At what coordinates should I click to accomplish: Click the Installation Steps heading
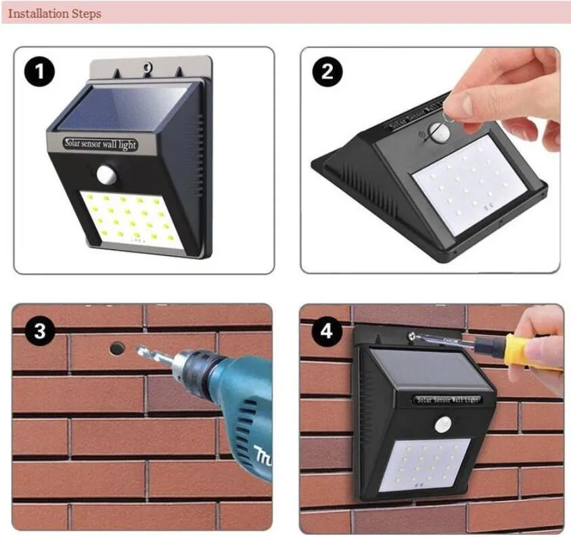55,14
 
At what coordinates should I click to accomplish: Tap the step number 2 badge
327,72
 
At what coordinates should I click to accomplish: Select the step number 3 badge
40,331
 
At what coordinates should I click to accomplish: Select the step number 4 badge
328,331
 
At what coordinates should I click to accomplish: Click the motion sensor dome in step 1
108,174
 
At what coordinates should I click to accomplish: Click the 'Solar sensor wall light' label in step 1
100,144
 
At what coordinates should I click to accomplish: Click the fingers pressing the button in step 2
467,101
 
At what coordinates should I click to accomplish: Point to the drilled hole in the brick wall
117,349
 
